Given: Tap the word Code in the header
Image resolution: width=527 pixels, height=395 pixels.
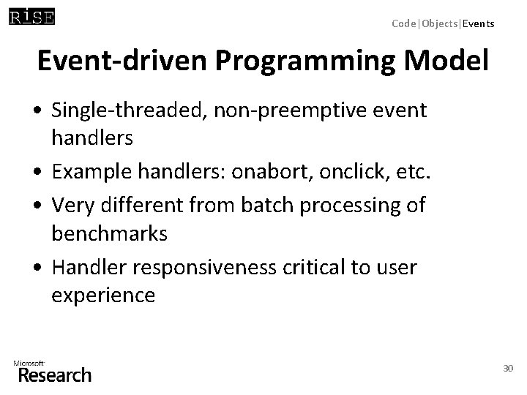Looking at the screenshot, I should click(403, 23).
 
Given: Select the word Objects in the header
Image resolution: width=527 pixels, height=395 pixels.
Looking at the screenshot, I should click(439, 23).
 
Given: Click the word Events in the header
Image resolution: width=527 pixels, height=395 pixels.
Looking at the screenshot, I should click(479, 23).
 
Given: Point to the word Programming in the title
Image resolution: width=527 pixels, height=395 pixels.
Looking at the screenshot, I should click(309, 62).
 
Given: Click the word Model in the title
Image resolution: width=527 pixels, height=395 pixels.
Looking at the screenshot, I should click(449, 62).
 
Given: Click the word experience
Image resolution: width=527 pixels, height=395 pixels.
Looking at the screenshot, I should click(103, 296).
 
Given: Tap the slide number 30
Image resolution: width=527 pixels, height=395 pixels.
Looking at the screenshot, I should click(508, 369).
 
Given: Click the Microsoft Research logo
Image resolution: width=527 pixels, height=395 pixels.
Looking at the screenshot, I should click(52, 372).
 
